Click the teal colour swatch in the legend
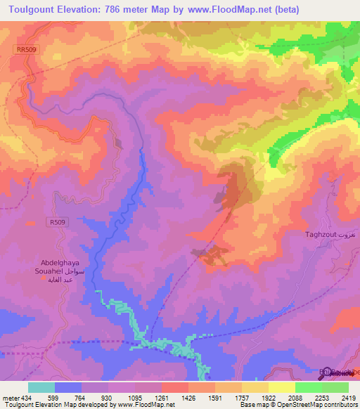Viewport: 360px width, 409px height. click(41, 387)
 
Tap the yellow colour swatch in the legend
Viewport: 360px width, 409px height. click(281, 387)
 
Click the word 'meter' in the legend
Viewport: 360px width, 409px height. click(10, 397)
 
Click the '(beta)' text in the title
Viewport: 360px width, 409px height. click(286, 10)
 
